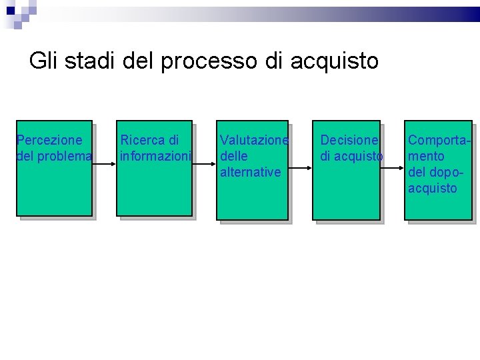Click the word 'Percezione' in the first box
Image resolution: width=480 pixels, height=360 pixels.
(x=49, y=140)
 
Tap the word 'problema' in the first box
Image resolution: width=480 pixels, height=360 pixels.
(x=65, y=156)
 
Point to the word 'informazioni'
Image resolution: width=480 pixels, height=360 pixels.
(x=155, y=156)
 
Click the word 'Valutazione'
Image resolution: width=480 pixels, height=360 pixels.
(x=254, y=140)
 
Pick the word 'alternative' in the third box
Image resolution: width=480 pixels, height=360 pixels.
(x=250, y=172)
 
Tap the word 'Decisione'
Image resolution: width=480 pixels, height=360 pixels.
(x=349, y=140)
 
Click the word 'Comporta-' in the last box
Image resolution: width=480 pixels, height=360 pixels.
(x=439, y=140)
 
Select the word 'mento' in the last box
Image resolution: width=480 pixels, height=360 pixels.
(x=426, y=156)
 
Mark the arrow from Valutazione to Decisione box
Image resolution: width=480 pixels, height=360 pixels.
(x=300, y=169)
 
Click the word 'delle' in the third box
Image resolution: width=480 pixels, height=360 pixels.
(x=234, y=156)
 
